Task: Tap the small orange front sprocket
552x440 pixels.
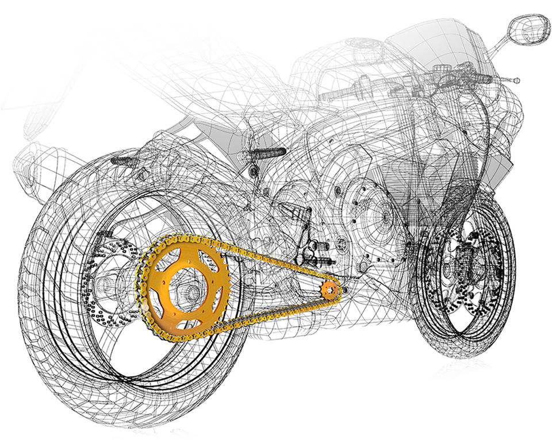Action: [329, 290]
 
